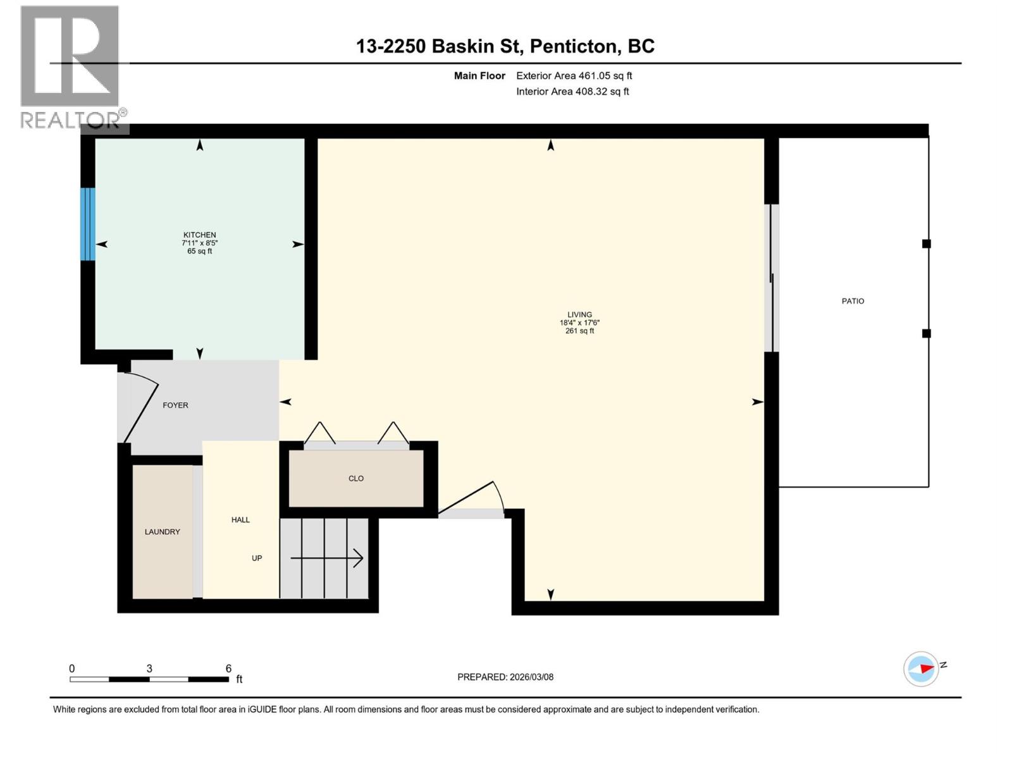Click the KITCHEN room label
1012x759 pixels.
pyautogui.click(x=199, y=235)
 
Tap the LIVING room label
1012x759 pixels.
pyautogui.click(x=579, y=314)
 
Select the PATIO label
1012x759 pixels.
pyautogui.click(x=853, y=301)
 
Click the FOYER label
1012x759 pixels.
pyautogui.click(x=175, y=405)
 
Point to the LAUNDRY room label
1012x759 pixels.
pyautogui.click(x=162, y=532)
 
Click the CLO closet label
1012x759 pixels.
pyautogui.click(x=356, y=479)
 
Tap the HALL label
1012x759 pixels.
pyautogui.click(x=240, y=520)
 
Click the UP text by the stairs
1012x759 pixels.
pyautogui.click(x=257, y=558)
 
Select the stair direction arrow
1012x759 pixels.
pyautogui.click(x=327, y=558)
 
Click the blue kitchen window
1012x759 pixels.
pyautogui.click(x=88, y=224)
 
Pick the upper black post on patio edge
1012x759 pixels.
pyautogui.click(x=926, y=244)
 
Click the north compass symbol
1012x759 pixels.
pyautogui.click(x=921, y=669)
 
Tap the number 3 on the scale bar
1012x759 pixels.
pyautogui.click(x=149, y=669)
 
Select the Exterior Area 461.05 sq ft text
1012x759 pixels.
pyautogui.click(x=574, y=76)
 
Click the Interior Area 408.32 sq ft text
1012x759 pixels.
pyautogui.click(x=572, y=92)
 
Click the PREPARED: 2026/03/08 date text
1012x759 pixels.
pyautogui.click(x=505, y=677)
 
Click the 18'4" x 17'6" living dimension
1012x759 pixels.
pyautogui.click(x=579, y=323)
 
